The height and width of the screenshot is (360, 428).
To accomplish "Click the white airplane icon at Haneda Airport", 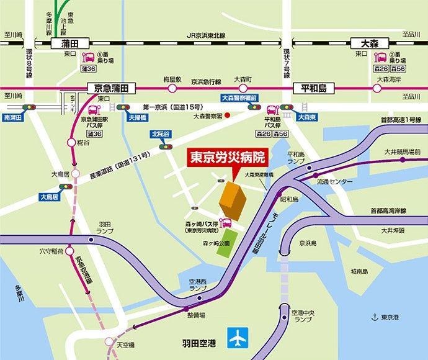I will coord(238,338).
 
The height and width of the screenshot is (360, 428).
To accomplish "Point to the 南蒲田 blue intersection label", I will coord(12,116).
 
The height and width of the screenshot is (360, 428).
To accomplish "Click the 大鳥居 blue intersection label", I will coord(48,197).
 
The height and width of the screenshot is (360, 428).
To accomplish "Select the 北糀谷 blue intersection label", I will coord(161,133).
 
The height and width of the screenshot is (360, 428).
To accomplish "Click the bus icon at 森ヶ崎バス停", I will coord(227,222).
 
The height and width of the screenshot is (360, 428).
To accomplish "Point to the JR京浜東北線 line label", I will coord(207,36).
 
